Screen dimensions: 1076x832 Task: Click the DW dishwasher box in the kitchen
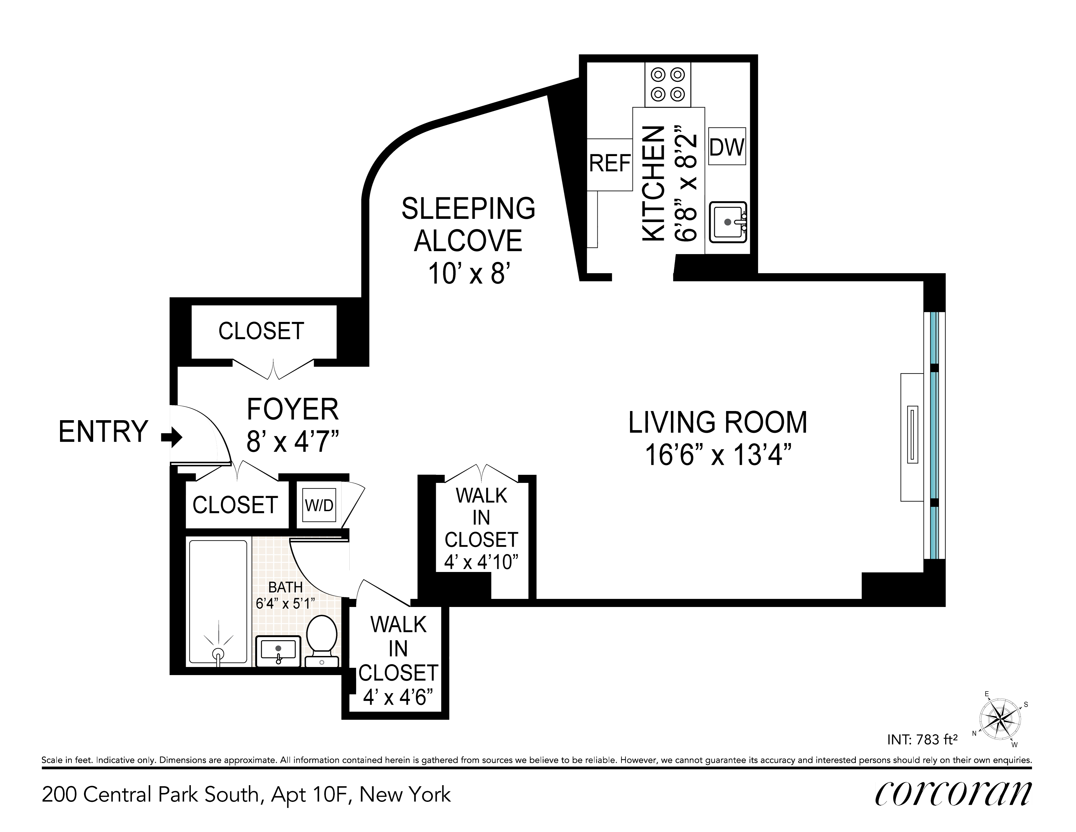click(x=727, y=146)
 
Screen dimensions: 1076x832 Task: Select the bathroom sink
click(x=278, y=651)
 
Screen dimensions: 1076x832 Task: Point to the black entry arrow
click(x=172, y=437)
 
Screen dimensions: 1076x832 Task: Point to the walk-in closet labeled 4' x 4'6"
click(x=398, y=662)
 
